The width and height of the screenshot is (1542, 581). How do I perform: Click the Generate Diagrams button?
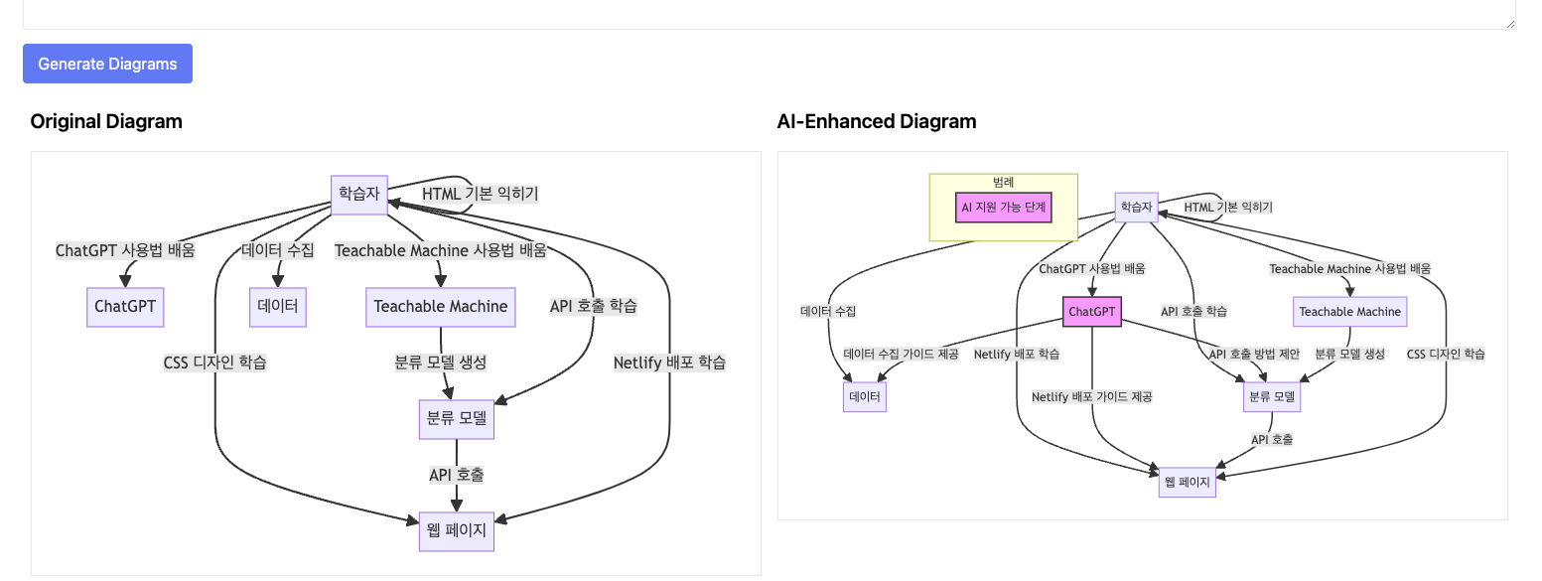pos(107,64)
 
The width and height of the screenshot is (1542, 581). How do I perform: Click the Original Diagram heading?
pos(106,121)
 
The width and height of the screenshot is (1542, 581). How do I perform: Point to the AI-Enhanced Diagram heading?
pos(876,121)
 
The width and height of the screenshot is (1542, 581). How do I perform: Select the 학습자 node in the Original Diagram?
pos(358,194)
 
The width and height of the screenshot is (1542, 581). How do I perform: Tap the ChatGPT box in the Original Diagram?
pos(125,306)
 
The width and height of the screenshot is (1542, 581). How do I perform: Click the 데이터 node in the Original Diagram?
pos(277,306)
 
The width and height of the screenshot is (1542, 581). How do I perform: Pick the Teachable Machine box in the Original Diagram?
pos(440,306)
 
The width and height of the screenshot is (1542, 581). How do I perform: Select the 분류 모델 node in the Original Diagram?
pos(456,418)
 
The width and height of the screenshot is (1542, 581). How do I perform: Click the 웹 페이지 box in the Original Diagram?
pos(456,530)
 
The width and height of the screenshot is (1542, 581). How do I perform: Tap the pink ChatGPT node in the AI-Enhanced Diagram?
pos(1092,312)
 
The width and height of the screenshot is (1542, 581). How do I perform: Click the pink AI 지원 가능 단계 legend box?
pos(1003,208)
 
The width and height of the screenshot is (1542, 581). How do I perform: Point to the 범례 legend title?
pos(1003,182)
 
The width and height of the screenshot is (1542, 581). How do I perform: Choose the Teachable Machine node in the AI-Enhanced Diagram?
pos(1349,312)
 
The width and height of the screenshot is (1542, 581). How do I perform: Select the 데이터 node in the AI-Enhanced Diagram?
pos(864,397)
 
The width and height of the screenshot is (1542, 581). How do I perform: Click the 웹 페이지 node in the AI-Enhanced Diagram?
pos(1187,482)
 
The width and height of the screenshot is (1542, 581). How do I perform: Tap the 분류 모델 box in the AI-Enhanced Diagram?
pos(1271,397)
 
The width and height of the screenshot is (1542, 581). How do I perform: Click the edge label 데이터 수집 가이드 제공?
pos(901,354)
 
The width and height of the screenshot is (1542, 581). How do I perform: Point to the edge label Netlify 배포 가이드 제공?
pos(1091,396)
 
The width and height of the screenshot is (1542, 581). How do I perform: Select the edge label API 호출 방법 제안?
pos(1254,354)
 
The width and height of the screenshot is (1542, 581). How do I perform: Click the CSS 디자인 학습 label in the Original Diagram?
pos(214,363)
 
